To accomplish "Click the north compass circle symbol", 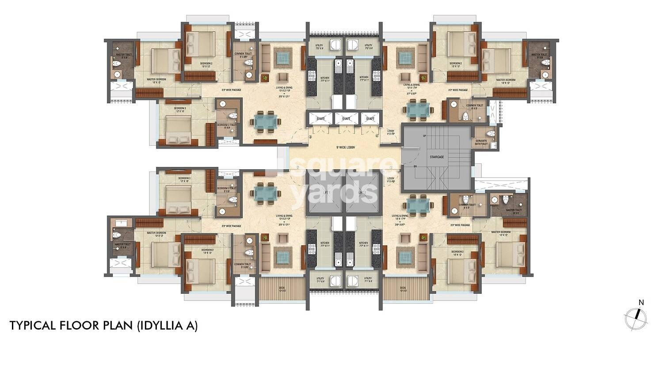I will coord(635,318).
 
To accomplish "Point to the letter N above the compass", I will coord(641,303).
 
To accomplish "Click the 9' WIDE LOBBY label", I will coord(345,147).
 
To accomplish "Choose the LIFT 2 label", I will coord(362,193).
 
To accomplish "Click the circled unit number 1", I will coord(391,167).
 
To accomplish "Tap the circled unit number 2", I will coord(298,167).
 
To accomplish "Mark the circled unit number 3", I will coord(310,137).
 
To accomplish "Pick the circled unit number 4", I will coord(377,136).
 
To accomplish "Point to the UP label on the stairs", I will coord(425,136).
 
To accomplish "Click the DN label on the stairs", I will coord(415,166).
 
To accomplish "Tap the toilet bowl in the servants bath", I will coord(488,133).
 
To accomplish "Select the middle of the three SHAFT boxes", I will coord(346,118).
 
